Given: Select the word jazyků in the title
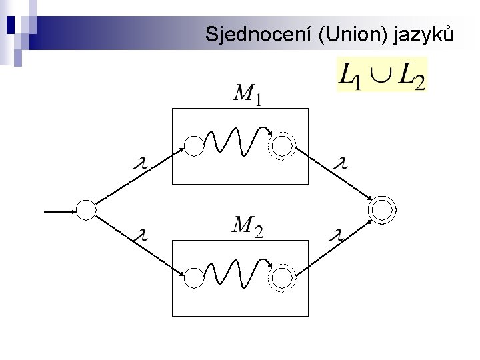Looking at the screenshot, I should pos(425,34).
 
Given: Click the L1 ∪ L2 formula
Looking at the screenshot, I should pos(382,75).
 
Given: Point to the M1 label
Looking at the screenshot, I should pos(246,95).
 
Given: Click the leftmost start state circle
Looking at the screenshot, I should pos(87,210).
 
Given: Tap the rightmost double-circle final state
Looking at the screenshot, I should pos(382,210).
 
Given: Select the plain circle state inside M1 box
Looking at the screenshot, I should pos(193,146).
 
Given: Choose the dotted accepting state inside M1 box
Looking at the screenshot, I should pos(283,146).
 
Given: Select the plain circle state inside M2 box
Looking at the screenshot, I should pos(193,277).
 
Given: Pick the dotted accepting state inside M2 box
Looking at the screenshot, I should pos(283,277).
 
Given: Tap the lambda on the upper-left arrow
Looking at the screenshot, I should pos(141,163).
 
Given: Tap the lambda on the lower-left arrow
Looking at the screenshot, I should pos(141,234).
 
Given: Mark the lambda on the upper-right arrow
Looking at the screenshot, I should pos(341,163).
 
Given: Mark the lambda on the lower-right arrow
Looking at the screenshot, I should pos(339,234).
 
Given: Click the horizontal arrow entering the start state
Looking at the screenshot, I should pos(60,212).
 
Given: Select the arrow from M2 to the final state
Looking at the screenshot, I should pos(333,247).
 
